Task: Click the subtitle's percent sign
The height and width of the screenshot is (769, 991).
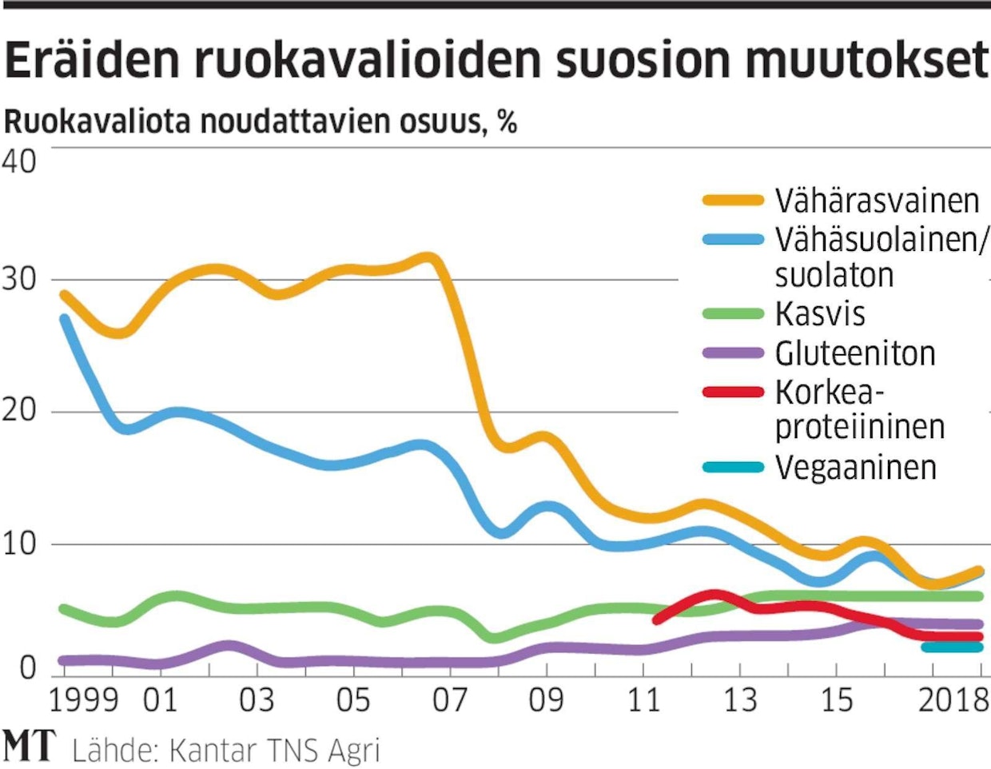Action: pos(507,122)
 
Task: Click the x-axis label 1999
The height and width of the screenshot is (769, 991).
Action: pos(84,701)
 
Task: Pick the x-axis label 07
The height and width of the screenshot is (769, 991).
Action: pos(450,701)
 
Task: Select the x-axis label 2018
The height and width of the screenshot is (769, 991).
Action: pos(953,701)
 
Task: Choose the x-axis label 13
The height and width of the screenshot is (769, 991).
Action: pos(740,701)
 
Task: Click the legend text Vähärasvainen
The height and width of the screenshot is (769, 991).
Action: pos(877,201)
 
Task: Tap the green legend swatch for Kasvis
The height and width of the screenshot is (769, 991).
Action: pos(733,314)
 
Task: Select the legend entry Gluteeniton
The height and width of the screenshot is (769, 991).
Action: pos(855,353)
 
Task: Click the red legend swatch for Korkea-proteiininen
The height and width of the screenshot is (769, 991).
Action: pos(733,392)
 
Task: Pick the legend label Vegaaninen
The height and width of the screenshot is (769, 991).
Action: pos(856,467)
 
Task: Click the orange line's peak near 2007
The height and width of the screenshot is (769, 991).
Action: pos(429,258)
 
